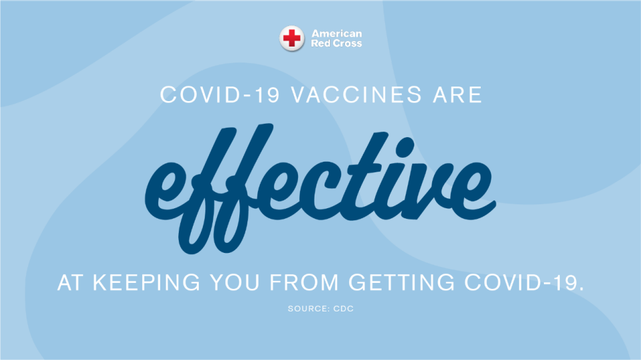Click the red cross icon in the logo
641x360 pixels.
tap(291, 39)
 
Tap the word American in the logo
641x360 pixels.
tap(337, 34)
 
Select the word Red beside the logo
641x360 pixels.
tap(320, 43)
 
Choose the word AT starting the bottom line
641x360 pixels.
tap(72, 283)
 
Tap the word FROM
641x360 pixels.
tap(303, 283)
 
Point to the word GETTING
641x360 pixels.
tap(405, 283)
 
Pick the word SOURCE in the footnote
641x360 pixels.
tap(306, 309)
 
